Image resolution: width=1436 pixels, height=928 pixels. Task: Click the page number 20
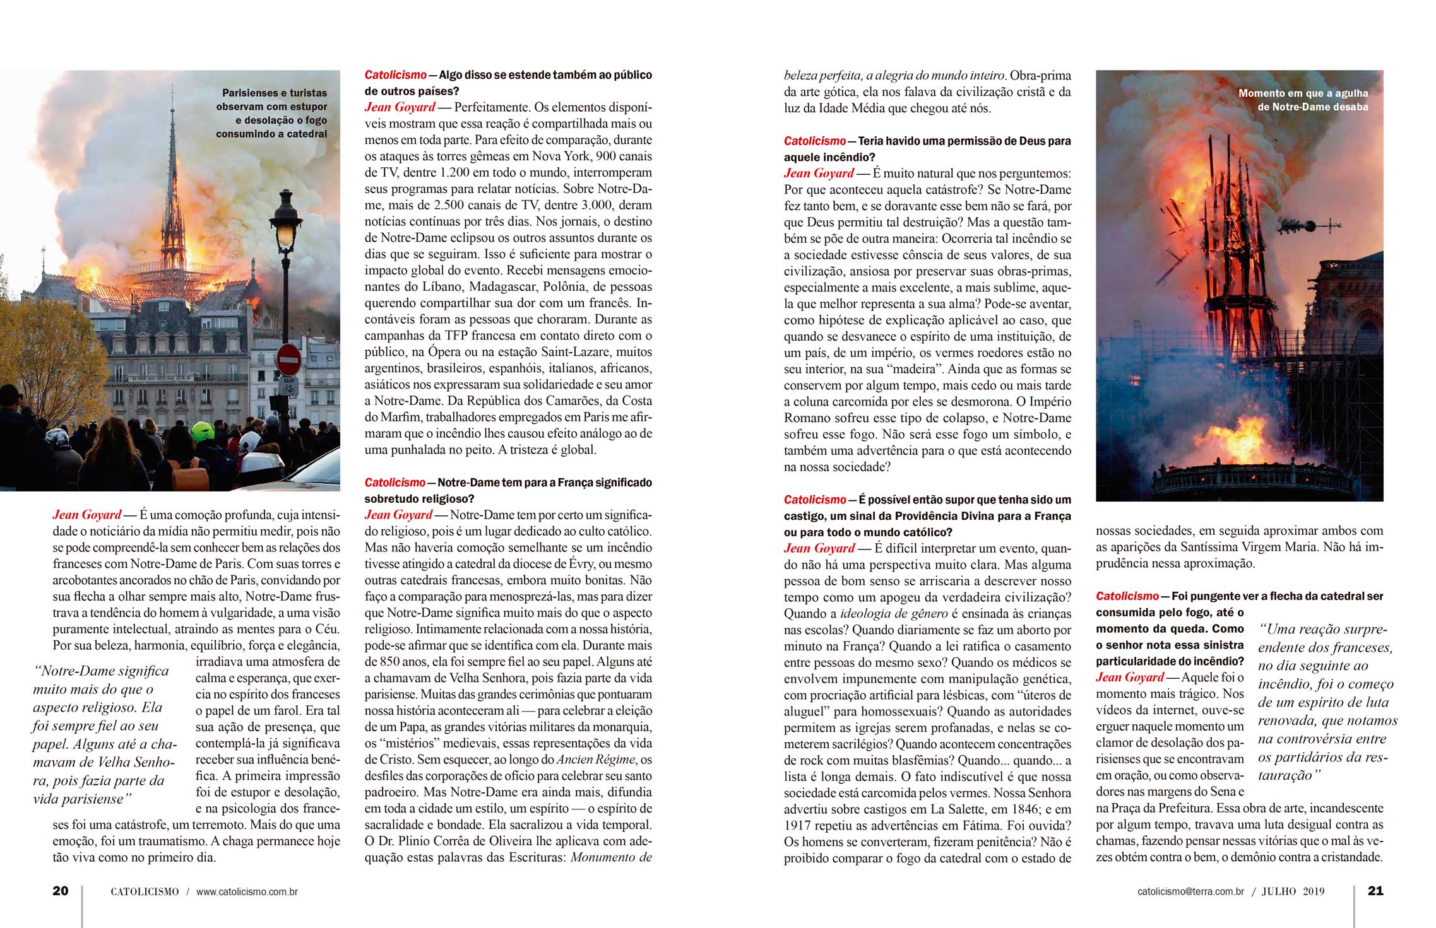(61, 891)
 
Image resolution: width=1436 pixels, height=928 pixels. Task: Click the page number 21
(1375, 891)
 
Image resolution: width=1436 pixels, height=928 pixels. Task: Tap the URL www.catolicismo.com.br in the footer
(247, 892)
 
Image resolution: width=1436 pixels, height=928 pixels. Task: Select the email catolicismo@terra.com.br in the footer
(1190, 892)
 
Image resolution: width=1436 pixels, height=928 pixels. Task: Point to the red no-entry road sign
(289, 360)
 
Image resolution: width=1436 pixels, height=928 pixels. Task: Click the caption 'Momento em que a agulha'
(1303, 93)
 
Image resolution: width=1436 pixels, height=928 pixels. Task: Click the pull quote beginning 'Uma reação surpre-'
(1326, 702)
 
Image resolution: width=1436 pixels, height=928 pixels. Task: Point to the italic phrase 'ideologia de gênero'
(894, 614)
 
